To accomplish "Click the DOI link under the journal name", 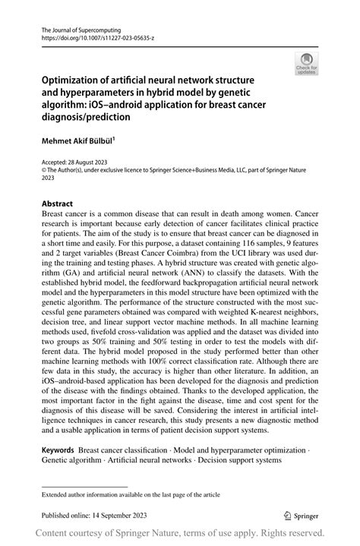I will pos(92,36).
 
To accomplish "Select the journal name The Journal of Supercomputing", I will pos(77,27).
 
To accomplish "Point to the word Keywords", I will pos(58,450).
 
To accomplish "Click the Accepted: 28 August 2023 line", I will pos(77,163).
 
